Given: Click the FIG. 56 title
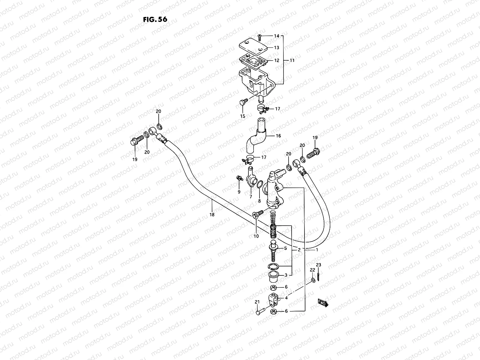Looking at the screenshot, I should tap(155, 19).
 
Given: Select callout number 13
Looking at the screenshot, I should tap(276, 48).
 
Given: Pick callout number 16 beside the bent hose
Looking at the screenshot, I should tap(278, 136).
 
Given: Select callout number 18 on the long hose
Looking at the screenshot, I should tap(212, 214).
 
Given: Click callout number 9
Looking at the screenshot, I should tap(239, 192).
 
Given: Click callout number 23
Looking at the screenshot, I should tap(319, 265).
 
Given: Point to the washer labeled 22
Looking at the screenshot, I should tap(313, 280).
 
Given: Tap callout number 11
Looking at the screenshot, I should tap(292, 60).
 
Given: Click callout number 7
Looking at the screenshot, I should tap(250, 196).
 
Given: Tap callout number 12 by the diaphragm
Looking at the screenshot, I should tap(276, 60).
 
